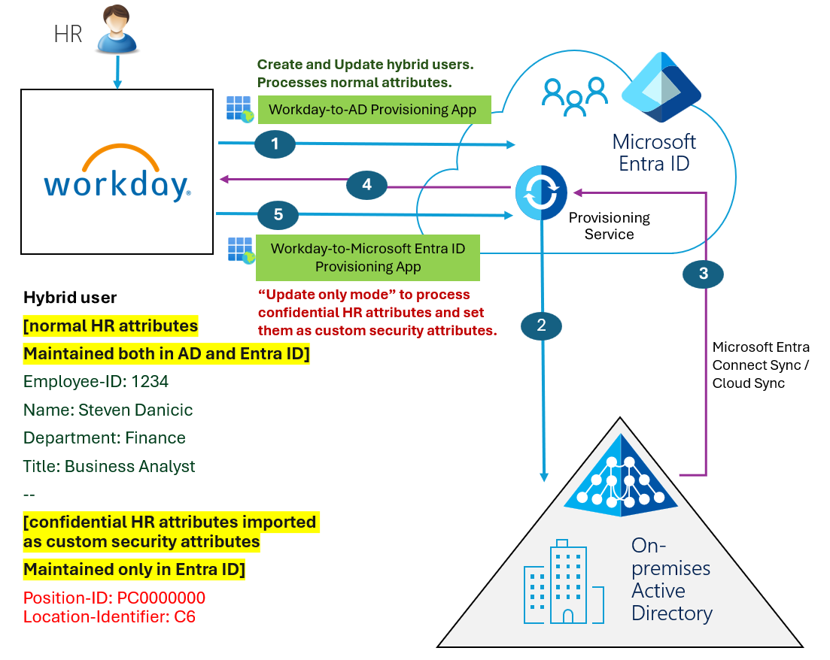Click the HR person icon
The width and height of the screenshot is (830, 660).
point(117,31)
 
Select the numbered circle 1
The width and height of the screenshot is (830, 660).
point(275,144)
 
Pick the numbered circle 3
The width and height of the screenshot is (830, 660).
point(703,274)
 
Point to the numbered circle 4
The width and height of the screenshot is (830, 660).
point(366,185)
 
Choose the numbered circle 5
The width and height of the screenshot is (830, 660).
point(278,215)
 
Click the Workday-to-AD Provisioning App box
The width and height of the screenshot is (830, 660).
point(373,110)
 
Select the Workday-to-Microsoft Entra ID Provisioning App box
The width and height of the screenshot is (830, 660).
point(367,257)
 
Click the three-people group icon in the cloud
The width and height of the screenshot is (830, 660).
point(575,95)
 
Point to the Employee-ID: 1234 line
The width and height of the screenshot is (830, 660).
point(96,382)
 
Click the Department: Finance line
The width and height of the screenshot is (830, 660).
point(104,438)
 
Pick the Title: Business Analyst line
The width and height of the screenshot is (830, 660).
point(109,467)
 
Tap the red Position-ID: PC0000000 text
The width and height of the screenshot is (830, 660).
point(114,598)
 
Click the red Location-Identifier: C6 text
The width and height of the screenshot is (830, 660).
point(109,617)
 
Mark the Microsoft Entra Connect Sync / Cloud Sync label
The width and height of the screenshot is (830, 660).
point(760,365)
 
